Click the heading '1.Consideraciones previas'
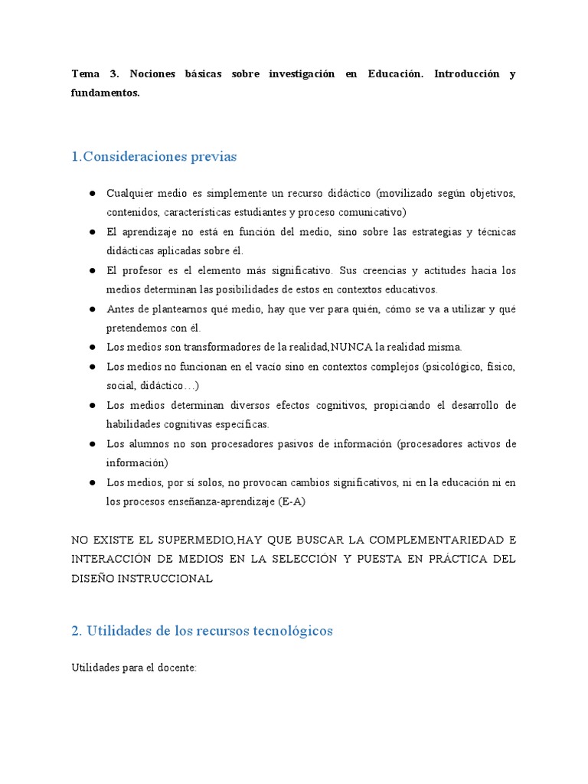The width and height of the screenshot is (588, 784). click(x=154, y=157)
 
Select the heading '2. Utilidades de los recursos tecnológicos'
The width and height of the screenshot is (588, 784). click(x=202, y=631)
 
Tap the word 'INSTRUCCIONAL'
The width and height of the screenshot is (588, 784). click(x=165, y=578)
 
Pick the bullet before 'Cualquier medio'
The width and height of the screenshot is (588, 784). click(x=90, y=193)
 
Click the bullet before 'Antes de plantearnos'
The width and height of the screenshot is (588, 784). click(x=90, y=309)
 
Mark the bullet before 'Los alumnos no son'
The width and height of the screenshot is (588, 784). click(x=90, y=444)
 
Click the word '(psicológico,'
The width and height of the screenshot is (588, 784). click(x=454, y=367)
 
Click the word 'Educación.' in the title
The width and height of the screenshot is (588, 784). click(x=395, y=73)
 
